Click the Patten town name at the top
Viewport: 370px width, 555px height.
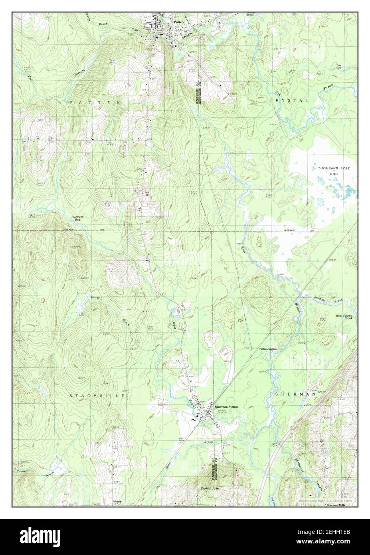[178, 22]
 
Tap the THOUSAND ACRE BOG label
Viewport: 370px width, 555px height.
[334, 171]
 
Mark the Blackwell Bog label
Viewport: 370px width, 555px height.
[79, 218]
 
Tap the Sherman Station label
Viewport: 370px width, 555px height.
[226, 407]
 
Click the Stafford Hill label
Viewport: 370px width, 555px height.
[212, 488]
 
